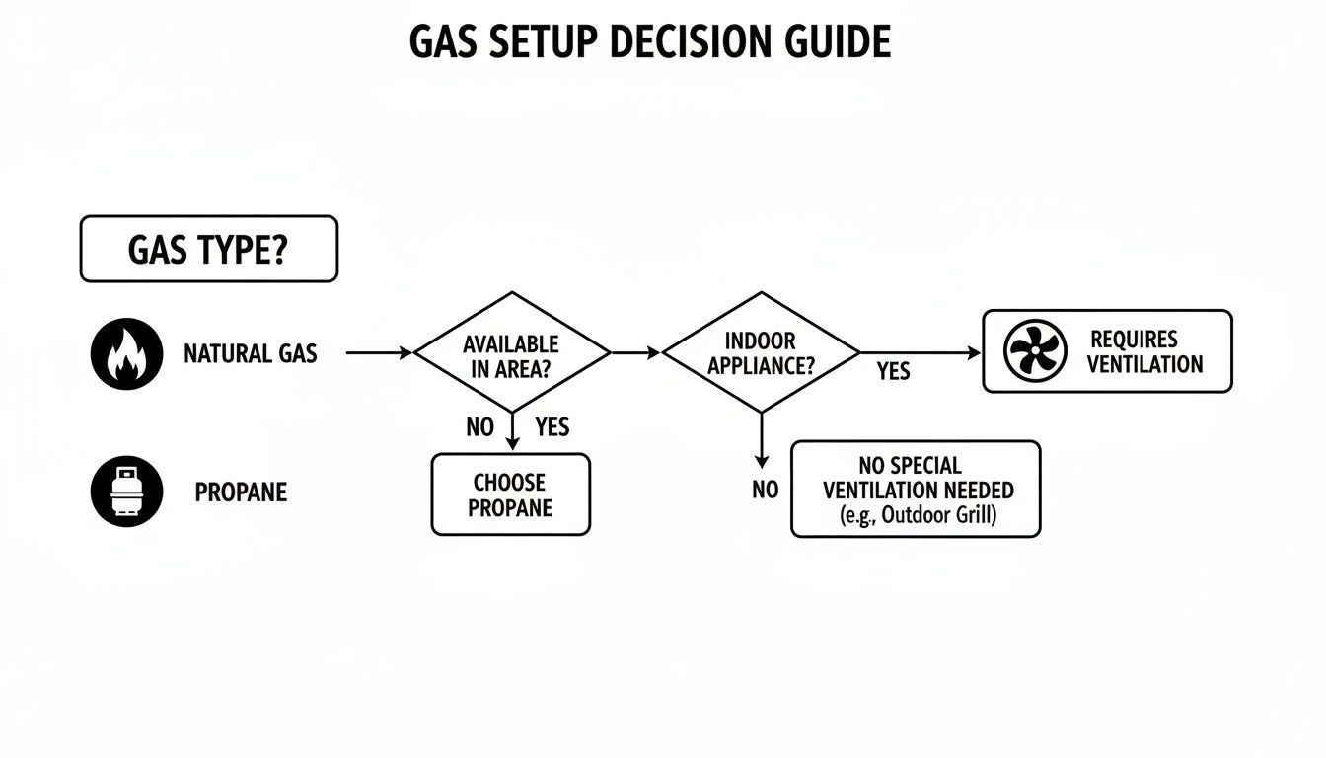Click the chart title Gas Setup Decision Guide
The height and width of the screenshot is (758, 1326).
coord(650,42)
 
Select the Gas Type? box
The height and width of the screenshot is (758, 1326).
coord(208,250)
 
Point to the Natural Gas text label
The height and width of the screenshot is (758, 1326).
coord(251,353)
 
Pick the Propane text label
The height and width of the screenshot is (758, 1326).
coord(241,492)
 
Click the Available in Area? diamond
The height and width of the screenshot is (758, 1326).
coord(511,352)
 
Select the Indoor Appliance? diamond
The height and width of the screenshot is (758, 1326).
coord(760,352)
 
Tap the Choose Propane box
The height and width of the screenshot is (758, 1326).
coord(510,494)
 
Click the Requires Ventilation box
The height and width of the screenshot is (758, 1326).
coord(1107,351)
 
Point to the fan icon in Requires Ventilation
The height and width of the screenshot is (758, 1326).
coord(1035,351)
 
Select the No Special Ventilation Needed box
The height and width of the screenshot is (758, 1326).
coord(916,490)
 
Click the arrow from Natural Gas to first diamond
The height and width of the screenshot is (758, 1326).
coord(380,352)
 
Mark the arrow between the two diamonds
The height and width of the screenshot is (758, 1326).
coord(636,352)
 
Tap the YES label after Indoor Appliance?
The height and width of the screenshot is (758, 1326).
coord(893,372)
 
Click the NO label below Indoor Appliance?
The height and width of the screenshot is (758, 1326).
coord(765,491)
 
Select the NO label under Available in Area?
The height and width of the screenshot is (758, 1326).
coord(479,428)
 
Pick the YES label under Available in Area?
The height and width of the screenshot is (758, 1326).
coord(552,428)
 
